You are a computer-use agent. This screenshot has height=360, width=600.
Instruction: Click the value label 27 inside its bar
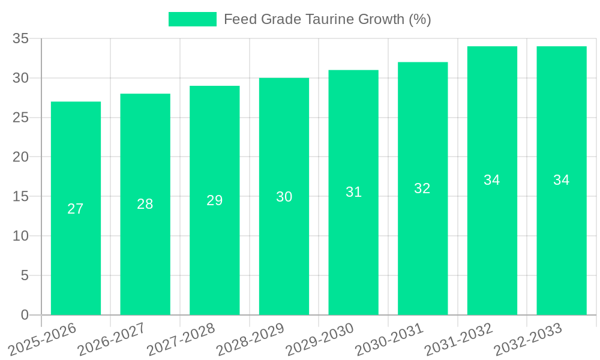coord(76,209)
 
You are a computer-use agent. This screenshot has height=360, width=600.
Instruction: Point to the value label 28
coord(145,204)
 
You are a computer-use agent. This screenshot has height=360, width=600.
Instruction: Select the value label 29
coord(215,200)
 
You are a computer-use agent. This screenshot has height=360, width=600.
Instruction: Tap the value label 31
coord(353,192)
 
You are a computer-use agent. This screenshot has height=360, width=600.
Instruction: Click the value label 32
coord(422,188)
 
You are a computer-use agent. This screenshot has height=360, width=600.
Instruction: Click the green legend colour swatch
coord(192,19)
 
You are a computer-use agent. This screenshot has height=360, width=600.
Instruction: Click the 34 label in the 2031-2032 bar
coord(492,180)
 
